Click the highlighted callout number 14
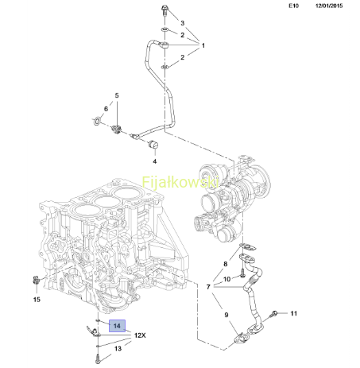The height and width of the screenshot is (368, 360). tap(117, 326)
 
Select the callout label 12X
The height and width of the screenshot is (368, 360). tap(140, 335)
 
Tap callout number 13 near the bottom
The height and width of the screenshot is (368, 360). tap(118, 348)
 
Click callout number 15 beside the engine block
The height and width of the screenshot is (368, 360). tap(37, 300)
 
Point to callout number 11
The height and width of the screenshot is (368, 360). tap(294, 313)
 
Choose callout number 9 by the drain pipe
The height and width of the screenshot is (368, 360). tap(226, 315)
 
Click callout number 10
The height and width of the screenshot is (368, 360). tap(227, 279)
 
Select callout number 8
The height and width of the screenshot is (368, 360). tap(226, 264)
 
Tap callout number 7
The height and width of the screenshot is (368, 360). tap(208, 287)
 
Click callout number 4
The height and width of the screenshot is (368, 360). tap(155, 161)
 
